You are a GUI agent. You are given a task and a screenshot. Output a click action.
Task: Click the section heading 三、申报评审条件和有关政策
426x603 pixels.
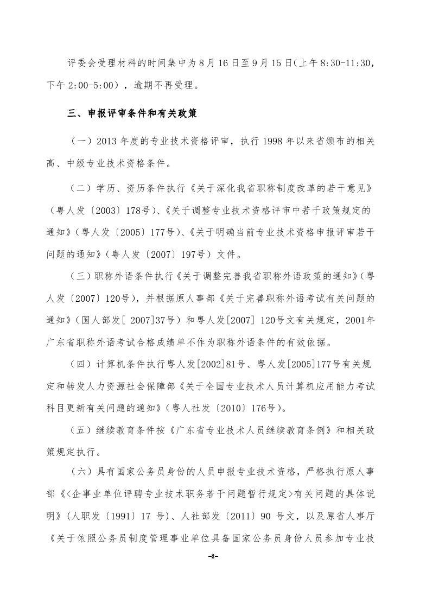pyautogui.click(x=131, y=114)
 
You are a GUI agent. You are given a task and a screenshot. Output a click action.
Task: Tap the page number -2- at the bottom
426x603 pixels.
pyautogui.click(x=213, y=557)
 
